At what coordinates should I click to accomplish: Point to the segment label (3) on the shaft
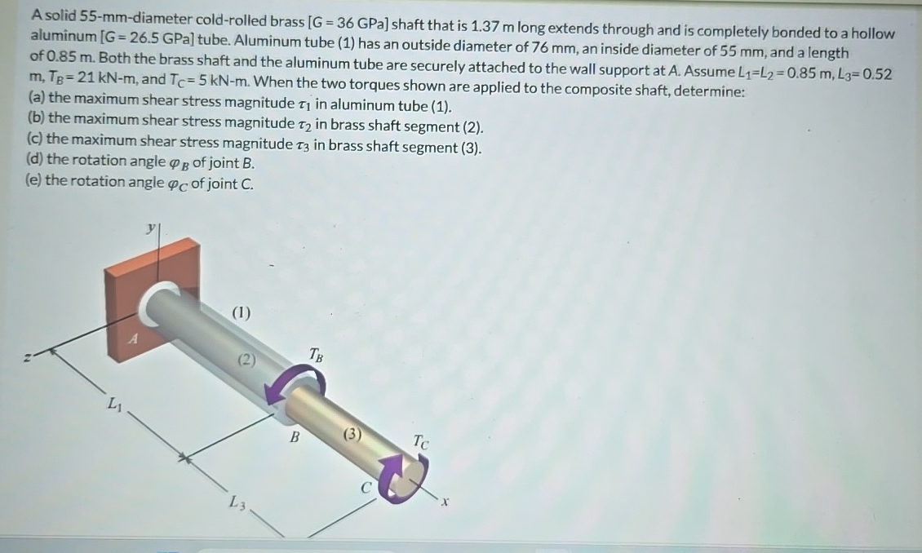tap(352, 434)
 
